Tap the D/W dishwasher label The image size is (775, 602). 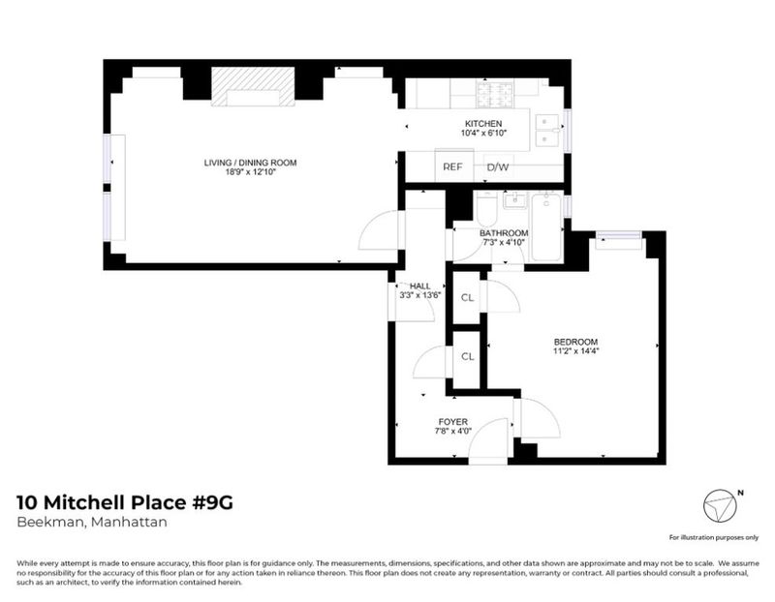click(498, 166)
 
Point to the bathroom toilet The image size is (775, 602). click(487, 208)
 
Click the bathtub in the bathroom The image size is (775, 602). click(546, 226)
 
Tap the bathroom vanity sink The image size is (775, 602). click(515, 200)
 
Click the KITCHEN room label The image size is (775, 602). click(483, 124)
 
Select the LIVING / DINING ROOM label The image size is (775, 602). click(251, 163)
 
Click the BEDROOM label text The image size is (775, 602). click(575, 342)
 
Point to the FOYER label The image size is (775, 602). click(453, 422)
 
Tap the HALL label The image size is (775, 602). click(420, 286)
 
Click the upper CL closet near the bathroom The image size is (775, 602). click(467, 297)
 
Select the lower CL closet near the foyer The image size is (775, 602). click(467, 356)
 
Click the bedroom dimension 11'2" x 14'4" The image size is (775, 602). click(575, 351)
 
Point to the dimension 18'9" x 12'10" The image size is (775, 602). click(251, 172)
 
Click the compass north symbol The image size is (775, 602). click(720, 506)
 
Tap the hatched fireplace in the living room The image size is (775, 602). click(253, 86)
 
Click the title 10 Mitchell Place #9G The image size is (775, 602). click(125, 502)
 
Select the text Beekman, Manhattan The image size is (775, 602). click(92, 522)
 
